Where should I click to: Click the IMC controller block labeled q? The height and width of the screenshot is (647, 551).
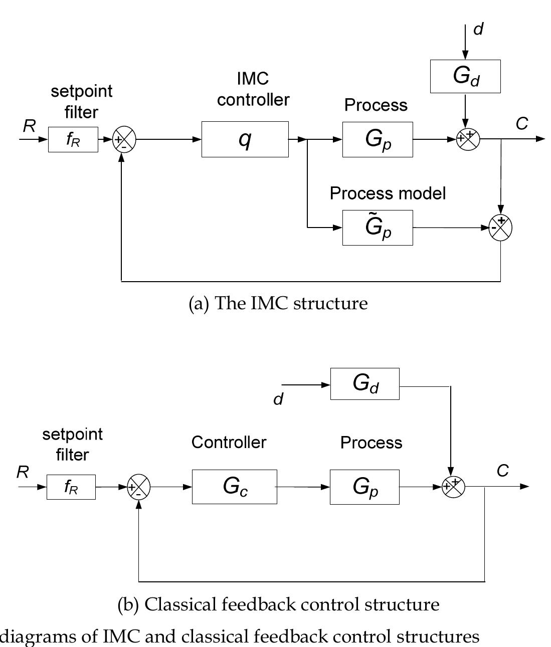(245, 139)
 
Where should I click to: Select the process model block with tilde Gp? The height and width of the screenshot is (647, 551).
(378, 228)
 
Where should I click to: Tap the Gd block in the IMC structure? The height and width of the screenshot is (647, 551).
(465, 76)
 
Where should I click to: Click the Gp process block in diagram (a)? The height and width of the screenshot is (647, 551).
(378, 139)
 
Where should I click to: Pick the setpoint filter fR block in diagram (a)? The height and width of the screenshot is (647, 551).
(73, 139)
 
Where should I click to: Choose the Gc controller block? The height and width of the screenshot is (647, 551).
(234, 487)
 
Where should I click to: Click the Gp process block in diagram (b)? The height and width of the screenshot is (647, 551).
(364, 487)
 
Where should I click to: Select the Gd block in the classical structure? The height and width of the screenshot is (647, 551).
(364, 384)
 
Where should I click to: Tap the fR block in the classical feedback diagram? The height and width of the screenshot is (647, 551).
(71, 487)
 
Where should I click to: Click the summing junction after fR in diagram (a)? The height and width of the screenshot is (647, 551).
(124, 139)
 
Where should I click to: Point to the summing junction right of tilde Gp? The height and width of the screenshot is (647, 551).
(500, 228)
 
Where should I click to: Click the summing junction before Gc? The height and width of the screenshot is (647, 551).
(138, 487)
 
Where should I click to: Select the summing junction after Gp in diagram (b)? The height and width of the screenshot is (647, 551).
(453, 487)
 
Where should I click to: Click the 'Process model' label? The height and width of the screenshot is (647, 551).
(388, 193)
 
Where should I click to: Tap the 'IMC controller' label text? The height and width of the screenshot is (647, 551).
(253, 89)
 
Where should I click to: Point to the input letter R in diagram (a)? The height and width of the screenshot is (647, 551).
(29, 126)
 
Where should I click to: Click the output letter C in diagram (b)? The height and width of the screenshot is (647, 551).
(502, 471)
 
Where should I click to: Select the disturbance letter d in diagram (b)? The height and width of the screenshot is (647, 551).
(278, 399)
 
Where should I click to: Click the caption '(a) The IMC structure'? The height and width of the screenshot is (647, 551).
(278, 303)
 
